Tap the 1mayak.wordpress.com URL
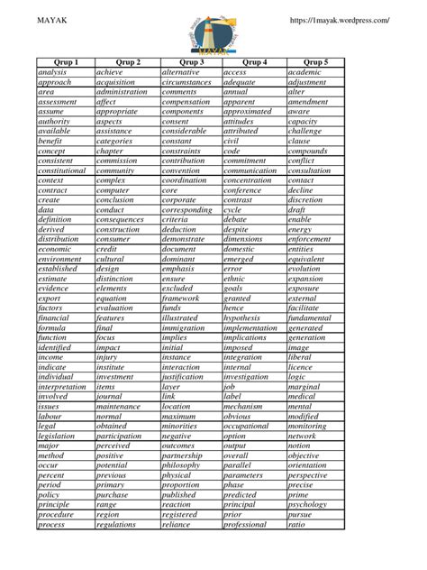pos(339,19)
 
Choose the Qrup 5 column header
pos(315,61)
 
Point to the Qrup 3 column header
pos(190,61)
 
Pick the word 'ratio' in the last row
pos(296,524)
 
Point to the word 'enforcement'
pos(310,239)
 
